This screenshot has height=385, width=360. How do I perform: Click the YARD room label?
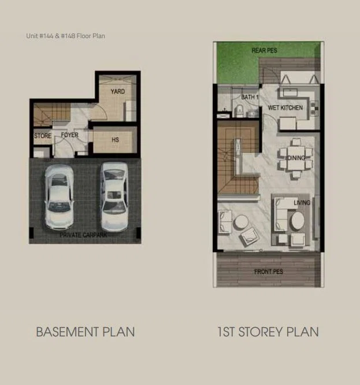pos(118,91)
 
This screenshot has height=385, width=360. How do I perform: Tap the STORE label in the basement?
pos(43,136)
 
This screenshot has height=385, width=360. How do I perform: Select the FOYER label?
pos(70,135)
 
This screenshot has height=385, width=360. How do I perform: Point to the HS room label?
pos(116,140)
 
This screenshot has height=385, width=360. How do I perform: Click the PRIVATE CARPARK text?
pos(84,235)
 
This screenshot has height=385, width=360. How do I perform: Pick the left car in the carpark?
pos(59,197)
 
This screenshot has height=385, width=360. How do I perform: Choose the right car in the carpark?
pos(114,195)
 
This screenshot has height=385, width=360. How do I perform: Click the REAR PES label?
pos(264,50)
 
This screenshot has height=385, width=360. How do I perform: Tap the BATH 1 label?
pos(250,97)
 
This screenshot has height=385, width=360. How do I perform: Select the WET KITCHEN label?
pos(285,108)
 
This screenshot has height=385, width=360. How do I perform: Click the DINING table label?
pos(296,158)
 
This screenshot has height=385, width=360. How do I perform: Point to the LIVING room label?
pos(302,202)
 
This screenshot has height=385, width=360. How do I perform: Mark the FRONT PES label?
pos(269,272)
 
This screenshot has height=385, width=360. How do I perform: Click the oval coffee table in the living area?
pos(298,221)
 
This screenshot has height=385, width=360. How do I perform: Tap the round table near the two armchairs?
pos(241,222)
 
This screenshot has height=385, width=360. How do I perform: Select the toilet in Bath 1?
pos(239,110)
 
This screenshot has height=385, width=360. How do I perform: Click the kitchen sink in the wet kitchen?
pos(290,92)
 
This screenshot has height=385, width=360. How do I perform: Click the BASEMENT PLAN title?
pos(86,332)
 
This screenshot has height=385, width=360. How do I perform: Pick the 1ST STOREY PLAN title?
pos(268,332)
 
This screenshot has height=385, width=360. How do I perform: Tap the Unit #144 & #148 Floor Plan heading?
pos(65,36)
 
